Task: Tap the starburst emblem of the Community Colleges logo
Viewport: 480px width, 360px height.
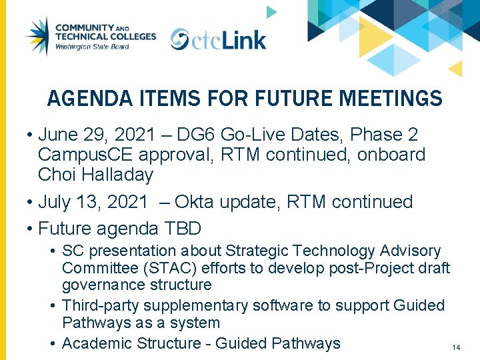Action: [x=37, y=37]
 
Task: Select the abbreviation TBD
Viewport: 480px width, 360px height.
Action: [x=181, y=229]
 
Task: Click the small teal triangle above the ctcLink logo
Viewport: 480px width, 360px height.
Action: [x=271, y=12]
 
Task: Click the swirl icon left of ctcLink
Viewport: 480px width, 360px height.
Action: [x=179, y=39]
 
